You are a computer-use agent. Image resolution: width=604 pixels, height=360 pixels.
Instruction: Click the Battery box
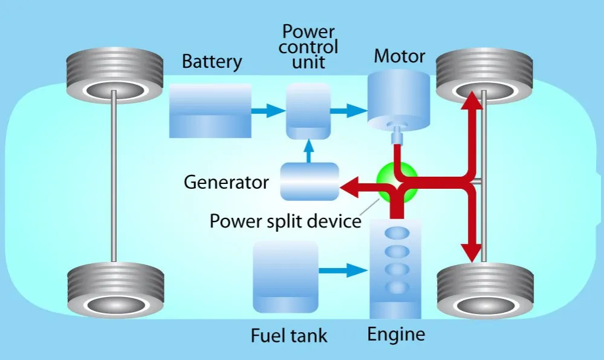(x=210, y=110)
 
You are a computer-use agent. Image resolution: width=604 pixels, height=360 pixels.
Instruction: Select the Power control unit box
(x=308, y=110)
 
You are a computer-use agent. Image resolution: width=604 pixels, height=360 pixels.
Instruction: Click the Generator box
(x=309, y=181)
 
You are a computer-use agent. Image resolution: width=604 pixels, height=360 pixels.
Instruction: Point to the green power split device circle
(x=397, y=183)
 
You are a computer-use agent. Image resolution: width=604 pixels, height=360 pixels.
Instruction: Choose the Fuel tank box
(x=286, y=276)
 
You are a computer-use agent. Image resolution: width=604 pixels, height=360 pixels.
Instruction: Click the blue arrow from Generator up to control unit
(x=309, y=151)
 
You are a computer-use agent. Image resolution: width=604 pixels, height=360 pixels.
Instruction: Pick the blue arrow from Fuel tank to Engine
(x=343, y=270)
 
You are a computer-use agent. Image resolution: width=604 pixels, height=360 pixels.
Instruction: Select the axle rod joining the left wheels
(x=113, y=182)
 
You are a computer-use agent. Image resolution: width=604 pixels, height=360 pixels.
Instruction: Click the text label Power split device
(x=285, y=221)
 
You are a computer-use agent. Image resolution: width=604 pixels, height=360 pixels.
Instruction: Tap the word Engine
(x=397, y=334)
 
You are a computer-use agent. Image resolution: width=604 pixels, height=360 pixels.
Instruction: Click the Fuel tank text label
(x=289, y=335)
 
